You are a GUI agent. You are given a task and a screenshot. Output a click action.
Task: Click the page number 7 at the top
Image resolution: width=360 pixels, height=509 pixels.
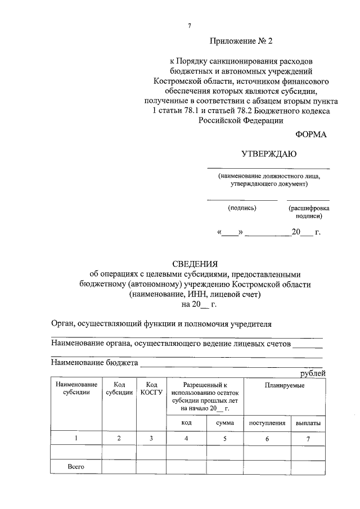[190, 26]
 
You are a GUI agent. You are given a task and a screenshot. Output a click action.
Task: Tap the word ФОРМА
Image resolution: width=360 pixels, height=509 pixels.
[310, 134]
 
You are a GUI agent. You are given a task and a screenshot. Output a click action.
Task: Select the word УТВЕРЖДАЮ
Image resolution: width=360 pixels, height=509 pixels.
[268, 154]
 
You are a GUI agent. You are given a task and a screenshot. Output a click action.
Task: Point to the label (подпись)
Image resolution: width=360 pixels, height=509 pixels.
[242, 208]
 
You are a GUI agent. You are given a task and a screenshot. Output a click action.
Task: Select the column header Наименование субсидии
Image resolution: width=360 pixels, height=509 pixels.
[76, 389]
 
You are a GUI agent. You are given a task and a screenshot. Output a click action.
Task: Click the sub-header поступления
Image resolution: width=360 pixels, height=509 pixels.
[267, 423]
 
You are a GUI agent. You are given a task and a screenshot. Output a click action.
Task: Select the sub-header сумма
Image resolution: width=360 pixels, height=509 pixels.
[224, 423]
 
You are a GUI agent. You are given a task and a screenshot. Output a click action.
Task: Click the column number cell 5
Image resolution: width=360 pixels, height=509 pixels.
[224, 438]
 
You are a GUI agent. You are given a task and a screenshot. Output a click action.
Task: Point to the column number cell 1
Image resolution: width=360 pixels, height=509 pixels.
[76, 438]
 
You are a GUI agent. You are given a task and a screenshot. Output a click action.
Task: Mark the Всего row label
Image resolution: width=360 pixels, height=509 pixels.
[76, 467]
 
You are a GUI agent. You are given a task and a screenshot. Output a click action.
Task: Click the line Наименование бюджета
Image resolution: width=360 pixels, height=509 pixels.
[94, 363]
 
